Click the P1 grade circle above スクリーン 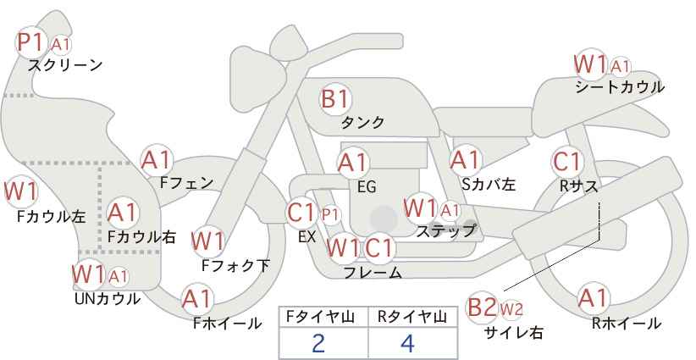click(x=33, y=41)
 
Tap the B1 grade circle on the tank click(x=334, y=99)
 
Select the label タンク click(x=362, y=123)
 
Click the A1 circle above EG click(x=353, y=162)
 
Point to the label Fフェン click(x=186, y=182)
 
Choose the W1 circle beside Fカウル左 click(x=20, y=191)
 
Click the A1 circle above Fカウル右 click(x=124, y=211)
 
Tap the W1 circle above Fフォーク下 click(x=207, y=241)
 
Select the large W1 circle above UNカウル click(x=89, y=274)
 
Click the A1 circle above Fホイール click(x=197, y=298)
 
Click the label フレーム click(x=373, y=273)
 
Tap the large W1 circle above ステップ click(x=421, y=208)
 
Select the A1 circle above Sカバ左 click(x=466, y=158)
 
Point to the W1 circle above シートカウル click(x=590, y=64)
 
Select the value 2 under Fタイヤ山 click(x=318, y=343)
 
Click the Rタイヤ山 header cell click(x=412, y=317)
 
